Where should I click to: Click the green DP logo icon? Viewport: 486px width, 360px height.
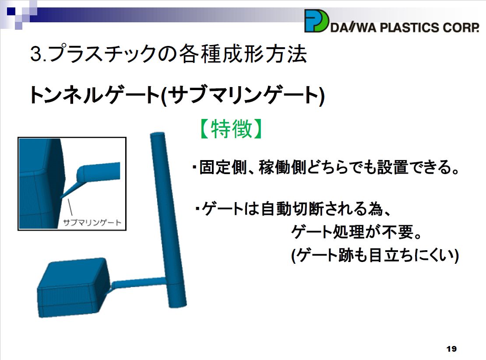316,21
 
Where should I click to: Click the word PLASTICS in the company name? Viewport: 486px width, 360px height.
409,28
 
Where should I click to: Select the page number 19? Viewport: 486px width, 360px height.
451,349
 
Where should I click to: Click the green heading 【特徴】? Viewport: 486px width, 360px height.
231,129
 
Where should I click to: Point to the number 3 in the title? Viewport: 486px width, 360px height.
35,54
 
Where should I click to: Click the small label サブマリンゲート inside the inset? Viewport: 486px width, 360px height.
92,222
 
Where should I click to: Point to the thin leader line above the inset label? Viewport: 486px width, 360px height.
70,207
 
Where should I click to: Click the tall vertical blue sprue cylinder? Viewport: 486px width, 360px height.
168,220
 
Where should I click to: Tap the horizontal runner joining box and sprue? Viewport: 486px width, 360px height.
139,283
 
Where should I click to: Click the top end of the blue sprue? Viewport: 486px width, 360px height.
158,134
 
